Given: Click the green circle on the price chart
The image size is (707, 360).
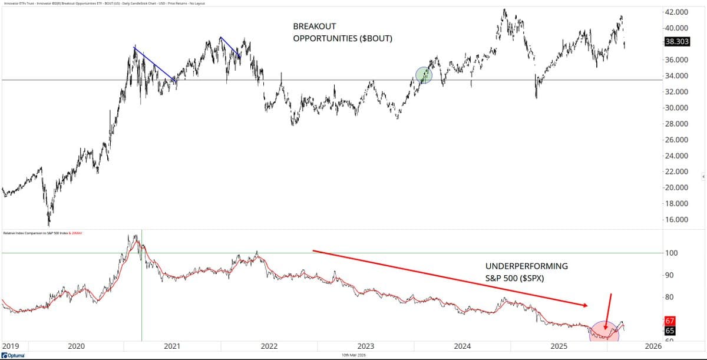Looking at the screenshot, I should pos(424,75).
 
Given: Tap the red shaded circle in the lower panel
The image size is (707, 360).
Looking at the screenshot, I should pos(605,332).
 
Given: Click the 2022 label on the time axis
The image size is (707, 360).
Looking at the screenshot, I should pos(269,347).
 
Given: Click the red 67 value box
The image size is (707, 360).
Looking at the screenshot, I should pos(669,321).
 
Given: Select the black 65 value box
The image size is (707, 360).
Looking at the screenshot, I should pos(669,331).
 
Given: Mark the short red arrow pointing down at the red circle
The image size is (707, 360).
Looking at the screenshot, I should pos(608,309).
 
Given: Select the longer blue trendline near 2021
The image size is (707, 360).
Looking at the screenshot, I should pos(155,64).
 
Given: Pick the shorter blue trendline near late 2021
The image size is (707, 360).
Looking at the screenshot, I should pos(230,47).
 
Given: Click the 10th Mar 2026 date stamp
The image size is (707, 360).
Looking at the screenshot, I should pos(354,356).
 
